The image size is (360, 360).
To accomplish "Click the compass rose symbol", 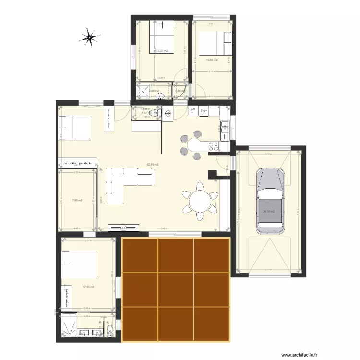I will (89, 38).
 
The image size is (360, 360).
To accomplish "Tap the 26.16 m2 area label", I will (268, 211).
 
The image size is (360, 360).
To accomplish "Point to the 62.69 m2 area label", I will (153, 165).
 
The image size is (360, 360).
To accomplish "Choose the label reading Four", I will (204, 111).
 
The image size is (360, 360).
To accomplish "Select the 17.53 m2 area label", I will (88, 287).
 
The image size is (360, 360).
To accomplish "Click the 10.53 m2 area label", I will (212, 60).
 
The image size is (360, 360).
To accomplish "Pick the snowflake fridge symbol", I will (168, 114).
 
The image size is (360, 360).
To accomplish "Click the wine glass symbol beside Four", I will (192, 111).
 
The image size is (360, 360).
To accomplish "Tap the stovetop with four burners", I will (212, 145).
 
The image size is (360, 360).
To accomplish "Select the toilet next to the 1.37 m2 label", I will (153, 113).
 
